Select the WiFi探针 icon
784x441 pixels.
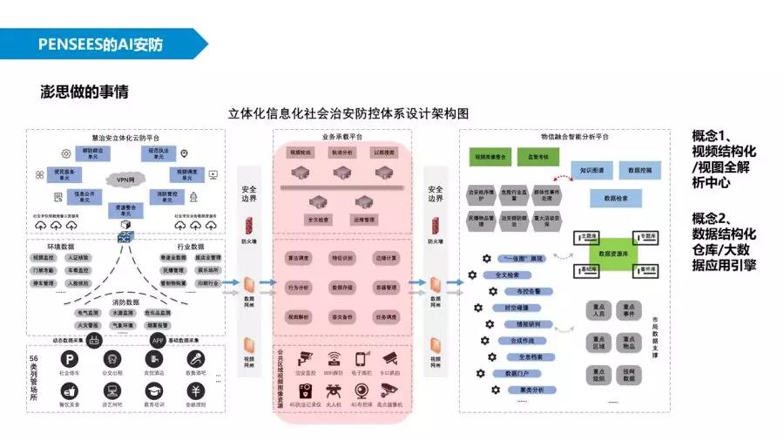(x=334, y=358)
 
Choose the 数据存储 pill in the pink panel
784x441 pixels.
(x=341, y=287)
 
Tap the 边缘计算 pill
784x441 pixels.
(x=386, y=259)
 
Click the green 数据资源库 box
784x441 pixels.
(x=613, y=254)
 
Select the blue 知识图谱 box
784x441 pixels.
(x=594, y=169)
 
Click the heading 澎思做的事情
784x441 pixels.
(x=84, y=91)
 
